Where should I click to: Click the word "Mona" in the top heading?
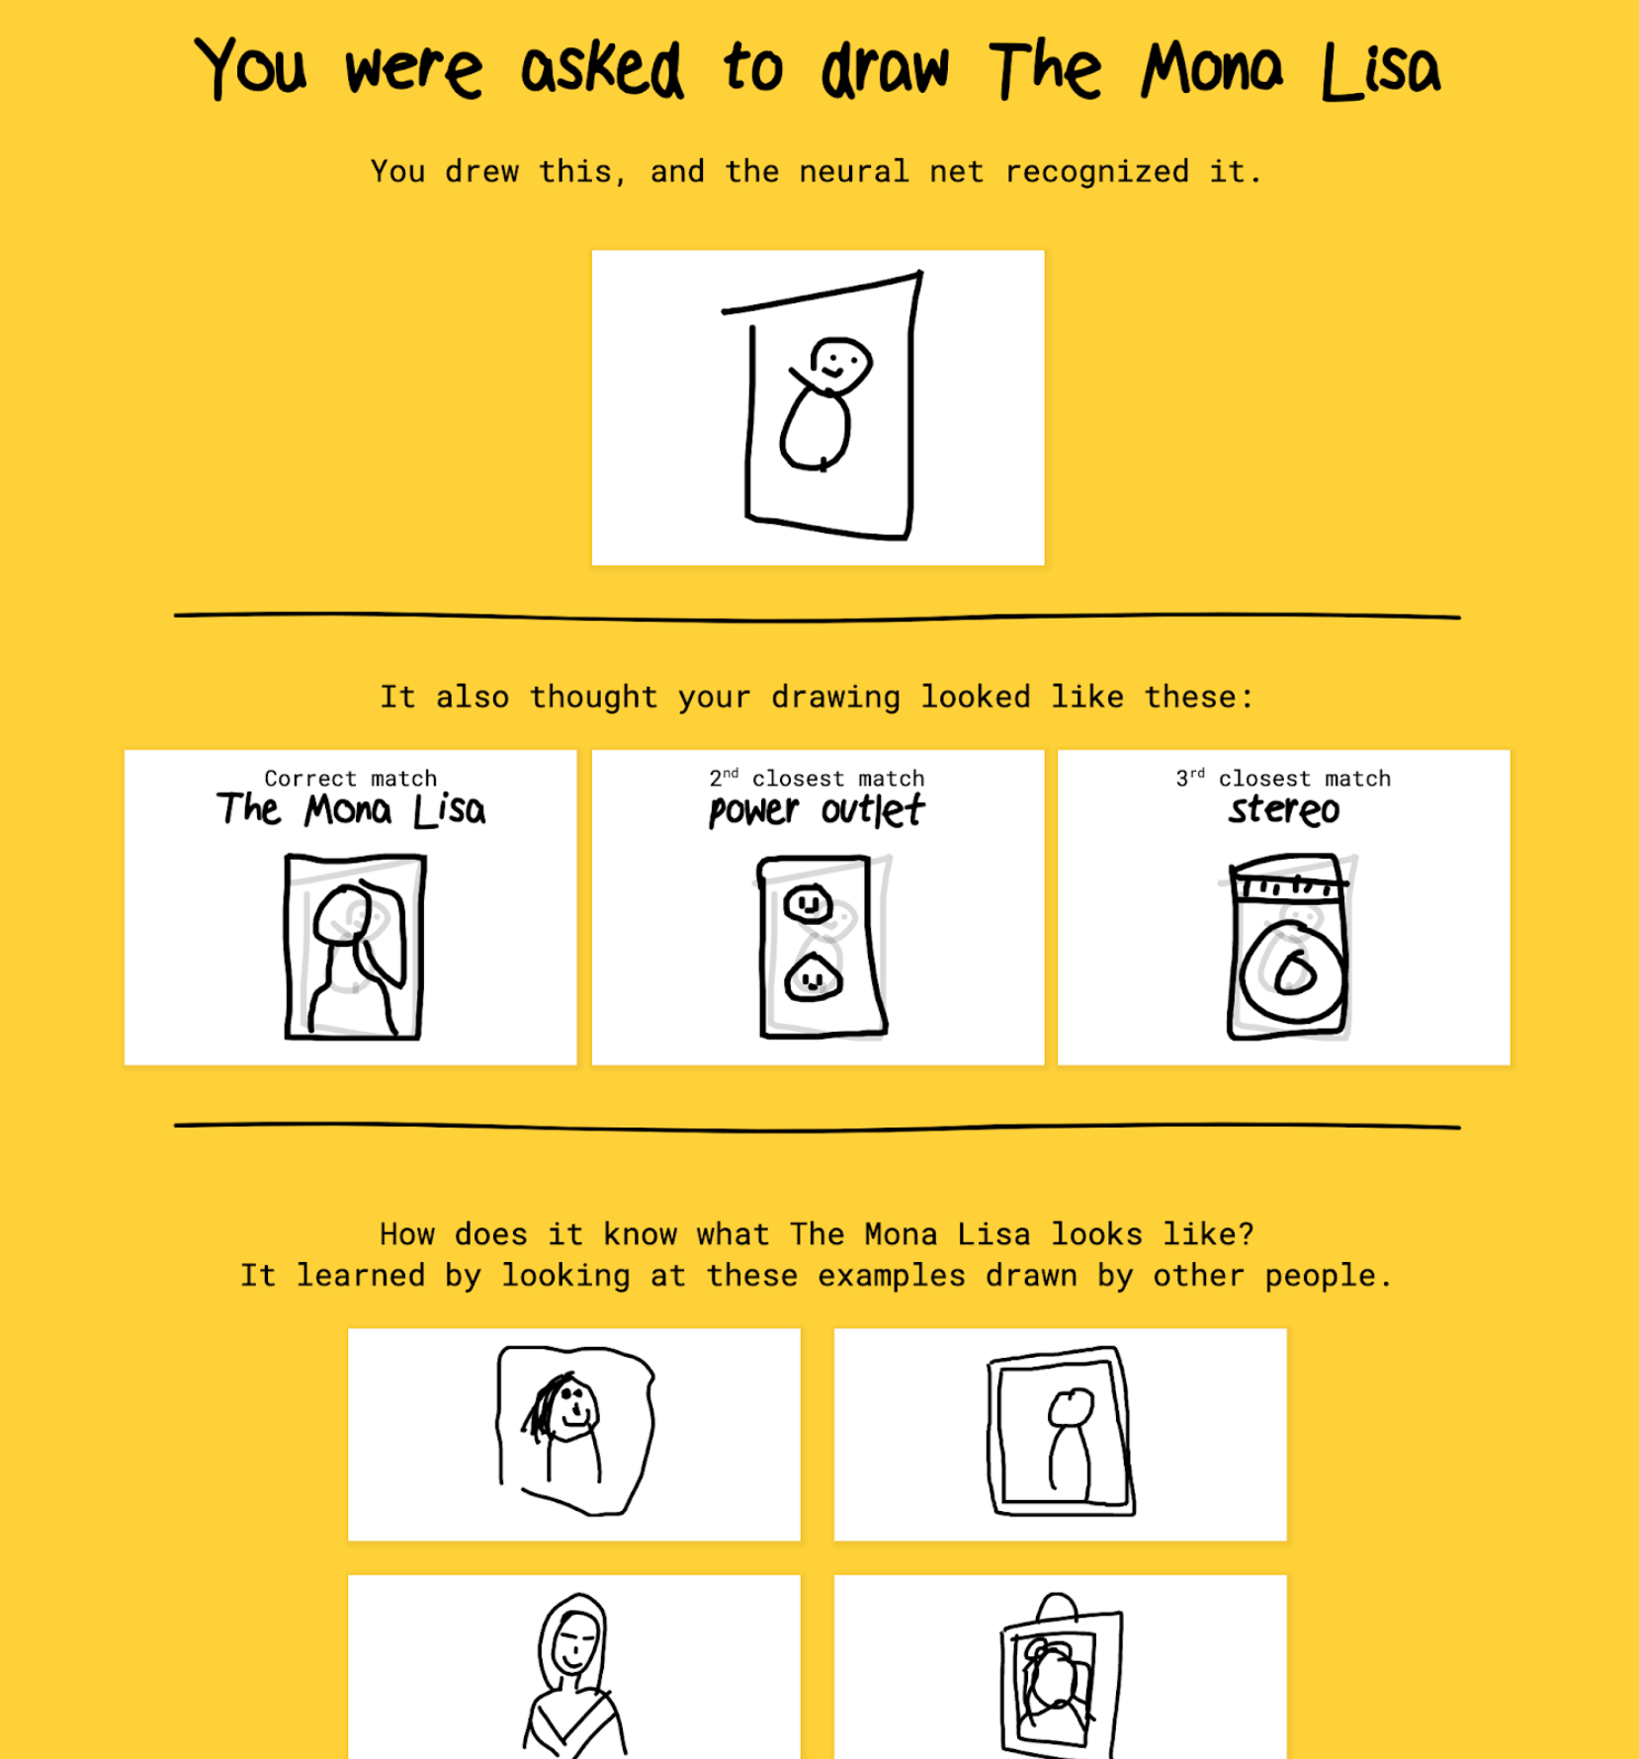1212,68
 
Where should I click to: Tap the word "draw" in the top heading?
885,69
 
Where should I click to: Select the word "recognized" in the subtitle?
1097,172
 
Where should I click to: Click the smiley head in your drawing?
840,365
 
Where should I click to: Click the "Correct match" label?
351,779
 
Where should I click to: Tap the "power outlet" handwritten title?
818,810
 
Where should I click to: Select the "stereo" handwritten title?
1284,810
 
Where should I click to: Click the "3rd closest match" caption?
1284,779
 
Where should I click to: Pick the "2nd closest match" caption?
818,779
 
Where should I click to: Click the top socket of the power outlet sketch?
809,903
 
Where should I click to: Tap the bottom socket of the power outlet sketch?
813,978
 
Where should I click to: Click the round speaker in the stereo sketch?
1293,972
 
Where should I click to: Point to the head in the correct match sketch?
342,915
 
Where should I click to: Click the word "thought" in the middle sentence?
593,697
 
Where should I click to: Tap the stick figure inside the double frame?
1070,1441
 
